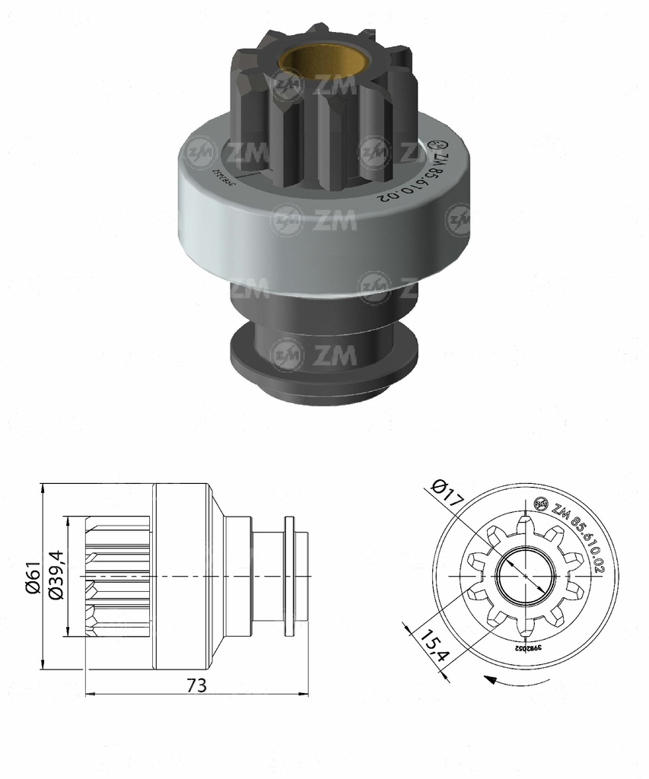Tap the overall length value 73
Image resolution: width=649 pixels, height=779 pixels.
196,685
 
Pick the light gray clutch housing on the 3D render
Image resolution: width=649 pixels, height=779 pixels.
327,228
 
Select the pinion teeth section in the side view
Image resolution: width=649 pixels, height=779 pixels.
118,577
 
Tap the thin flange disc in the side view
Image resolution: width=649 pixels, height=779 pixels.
290,577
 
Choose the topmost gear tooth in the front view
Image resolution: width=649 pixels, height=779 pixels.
524,523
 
